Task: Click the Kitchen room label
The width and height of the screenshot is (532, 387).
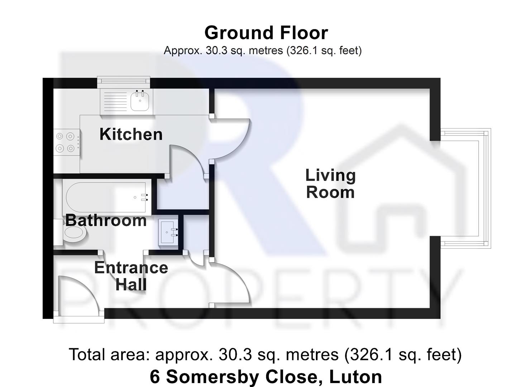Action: coord(131,134)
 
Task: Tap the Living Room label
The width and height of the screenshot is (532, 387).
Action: coord(330,184)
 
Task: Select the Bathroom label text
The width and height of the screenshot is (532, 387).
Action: coord(106,220)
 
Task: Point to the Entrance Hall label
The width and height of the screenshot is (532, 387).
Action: coord(131,276)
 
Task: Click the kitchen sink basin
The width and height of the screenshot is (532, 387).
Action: coord(139,101)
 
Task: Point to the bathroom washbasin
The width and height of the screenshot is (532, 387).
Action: coord(168,232)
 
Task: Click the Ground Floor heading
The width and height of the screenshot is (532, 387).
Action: coord(266,33)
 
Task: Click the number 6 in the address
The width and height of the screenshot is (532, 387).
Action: coord(154,377)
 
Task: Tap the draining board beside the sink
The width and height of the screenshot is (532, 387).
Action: coord(115,101)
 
